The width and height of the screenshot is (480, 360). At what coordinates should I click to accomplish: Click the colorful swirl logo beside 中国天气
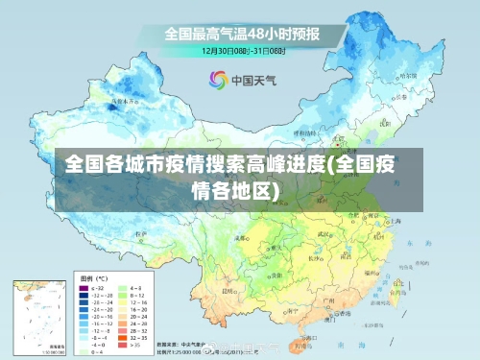218,80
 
